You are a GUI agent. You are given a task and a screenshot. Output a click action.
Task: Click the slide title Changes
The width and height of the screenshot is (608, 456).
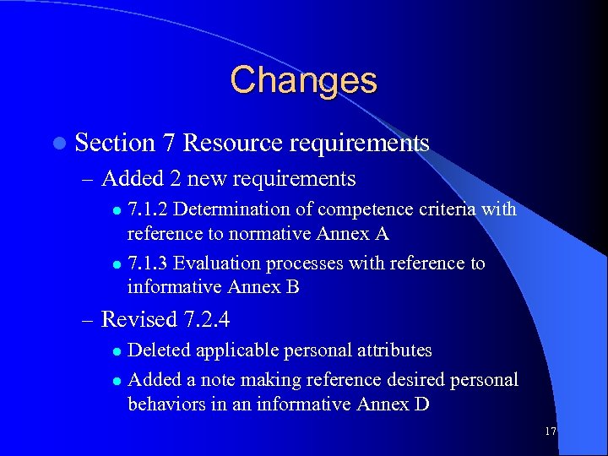303,81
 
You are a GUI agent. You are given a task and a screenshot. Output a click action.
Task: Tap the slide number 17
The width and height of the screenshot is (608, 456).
551,432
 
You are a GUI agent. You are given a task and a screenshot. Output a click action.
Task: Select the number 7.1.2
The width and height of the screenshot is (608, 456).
148,209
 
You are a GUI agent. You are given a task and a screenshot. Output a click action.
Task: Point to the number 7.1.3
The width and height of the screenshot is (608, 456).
148,263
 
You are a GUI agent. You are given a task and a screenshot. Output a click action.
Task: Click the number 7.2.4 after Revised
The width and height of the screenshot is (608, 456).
205,320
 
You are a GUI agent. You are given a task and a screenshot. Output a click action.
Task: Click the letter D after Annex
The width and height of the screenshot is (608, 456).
421,404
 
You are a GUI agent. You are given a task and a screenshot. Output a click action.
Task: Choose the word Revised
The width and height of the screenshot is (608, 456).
138,320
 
